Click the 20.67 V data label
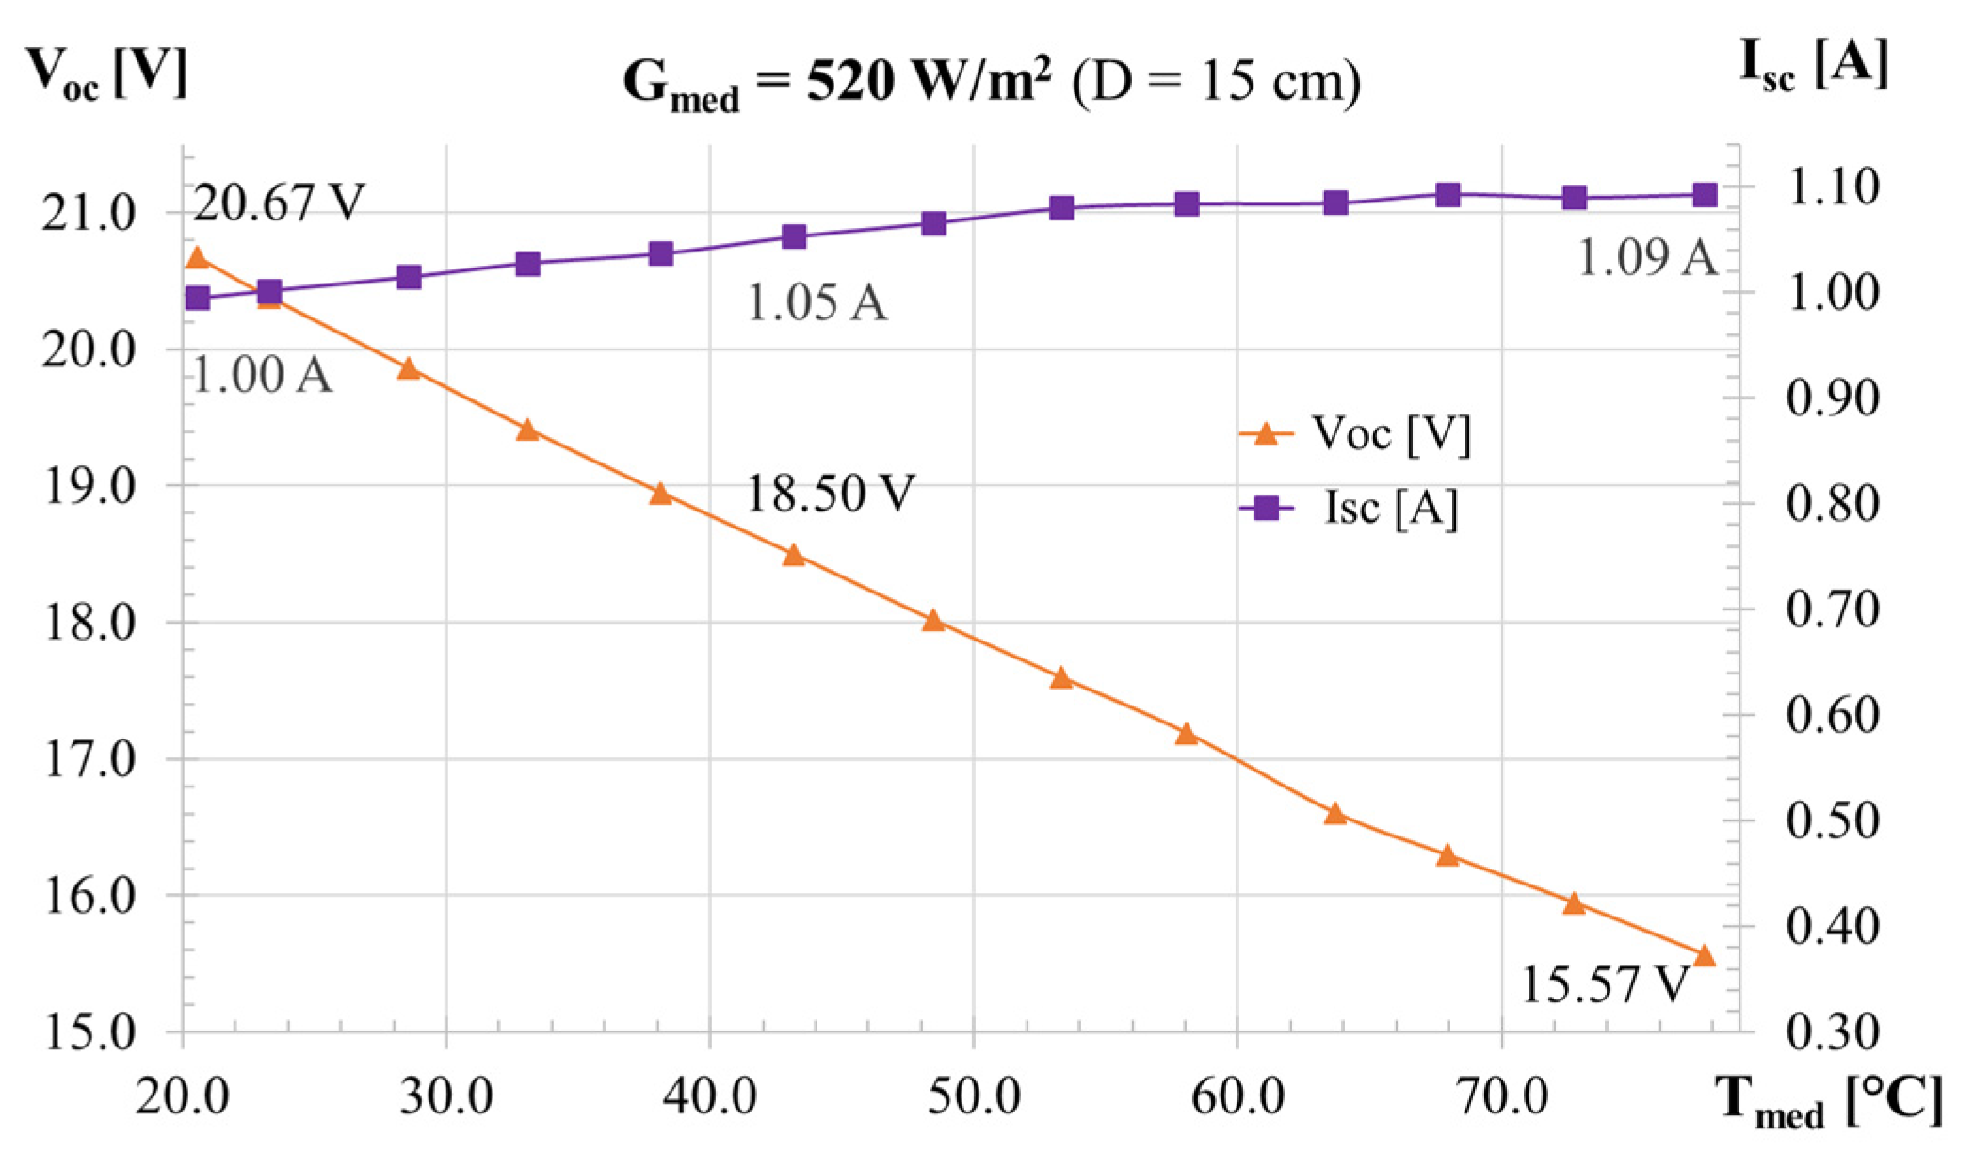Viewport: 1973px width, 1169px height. pos(278,203)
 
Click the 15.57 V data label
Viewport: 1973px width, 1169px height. pos(1605,985)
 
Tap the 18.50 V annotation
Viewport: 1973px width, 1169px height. pos(830,493)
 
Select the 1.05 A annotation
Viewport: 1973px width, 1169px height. pos(817,303)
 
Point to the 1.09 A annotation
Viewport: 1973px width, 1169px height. pos(1647,257)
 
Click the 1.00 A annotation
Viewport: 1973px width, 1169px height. pos(263,375)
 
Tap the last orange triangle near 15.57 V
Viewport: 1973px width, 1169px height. pos(1705,956)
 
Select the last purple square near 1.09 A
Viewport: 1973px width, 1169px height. pos(1705,196)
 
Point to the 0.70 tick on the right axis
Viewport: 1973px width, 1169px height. pos(1832,610)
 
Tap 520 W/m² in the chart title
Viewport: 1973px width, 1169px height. pos(928,83)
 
